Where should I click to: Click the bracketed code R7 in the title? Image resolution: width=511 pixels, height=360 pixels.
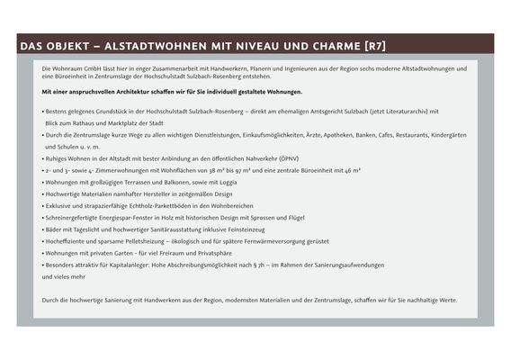(376, 45)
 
